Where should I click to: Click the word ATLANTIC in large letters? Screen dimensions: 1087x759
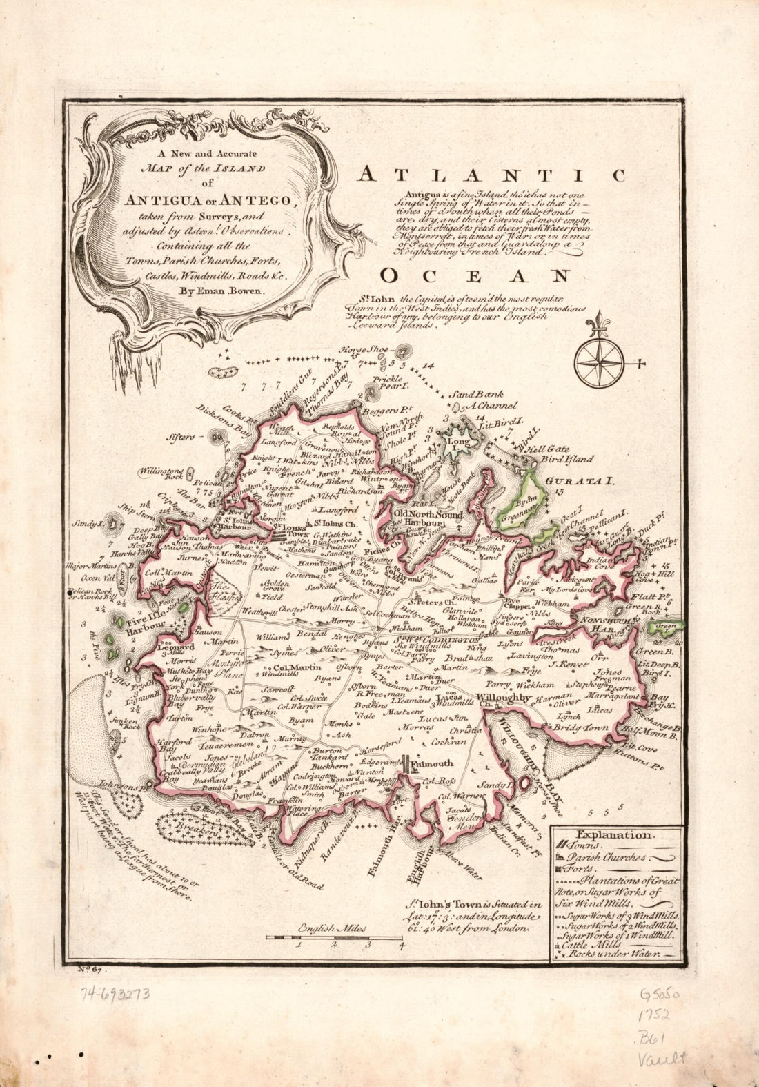tap(491, 175)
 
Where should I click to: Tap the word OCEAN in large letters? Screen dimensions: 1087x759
tap(475, 276)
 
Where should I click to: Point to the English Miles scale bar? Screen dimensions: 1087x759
tap(335, 937)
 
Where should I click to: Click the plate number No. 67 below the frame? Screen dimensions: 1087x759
tap(90, 971)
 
